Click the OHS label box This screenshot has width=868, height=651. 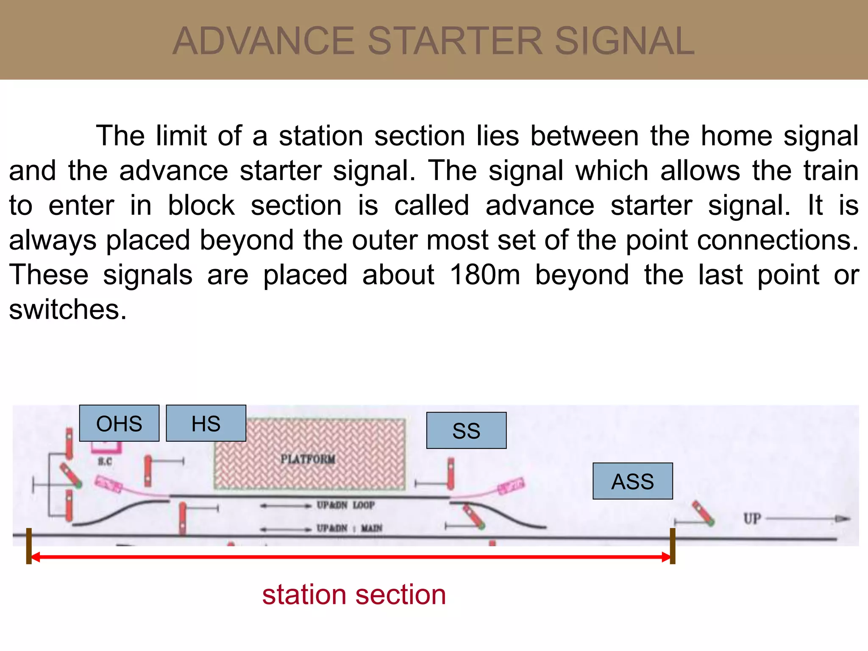119,423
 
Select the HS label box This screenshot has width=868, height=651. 206,423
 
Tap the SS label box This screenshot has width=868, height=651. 466,431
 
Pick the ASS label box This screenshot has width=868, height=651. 632,481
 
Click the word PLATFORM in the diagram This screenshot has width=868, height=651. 308,459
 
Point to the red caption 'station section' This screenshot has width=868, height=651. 354,595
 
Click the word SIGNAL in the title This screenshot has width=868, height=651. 625,41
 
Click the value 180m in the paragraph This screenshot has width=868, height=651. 484,275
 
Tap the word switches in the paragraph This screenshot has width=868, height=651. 68,309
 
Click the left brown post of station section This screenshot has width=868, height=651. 29,546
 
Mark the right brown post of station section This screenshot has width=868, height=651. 672,546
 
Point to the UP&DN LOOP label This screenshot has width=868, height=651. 345,505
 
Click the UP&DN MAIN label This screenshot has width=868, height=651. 349,528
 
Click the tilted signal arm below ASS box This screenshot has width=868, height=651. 704,514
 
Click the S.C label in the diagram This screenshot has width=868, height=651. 105,462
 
